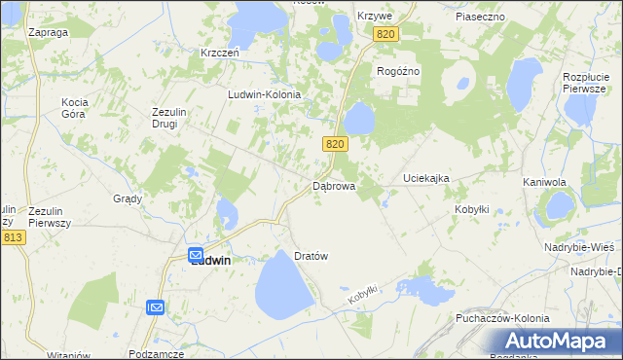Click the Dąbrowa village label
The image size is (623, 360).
(334, 185)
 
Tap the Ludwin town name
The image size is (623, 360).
(210, 260)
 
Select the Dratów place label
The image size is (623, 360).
(311, 256)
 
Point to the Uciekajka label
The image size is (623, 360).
(426, 179)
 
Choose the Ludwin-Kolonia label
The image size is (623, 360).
(264, 94)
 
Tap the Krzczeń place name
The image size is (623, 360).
(220, 53)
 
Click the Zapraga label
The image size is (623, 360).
(48, 32)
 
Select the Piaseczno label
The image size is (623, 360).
(479, 17)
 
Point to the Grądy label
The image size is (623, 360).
(128, 198)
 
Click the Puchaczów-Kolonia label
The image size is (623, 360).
(502, 318)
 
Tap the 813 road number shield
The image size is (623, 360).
(13, 237)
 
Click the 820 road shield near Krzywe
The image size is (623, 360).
(385, 34)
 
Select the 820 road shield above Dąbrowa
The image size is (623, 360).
(335, 144)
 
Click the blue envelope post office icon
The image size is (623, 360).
(156, 307)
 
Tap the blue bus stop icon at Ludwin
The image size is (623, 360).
(196, 251)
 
